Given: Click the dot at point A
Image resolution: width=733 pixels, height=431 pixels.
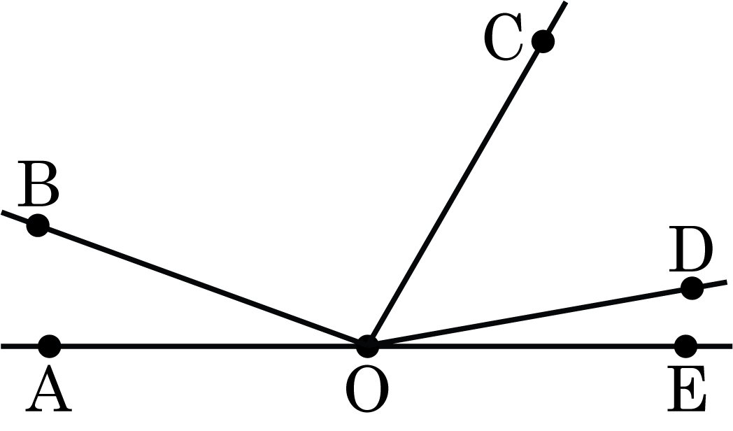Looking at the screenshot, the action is [x=49, y=346].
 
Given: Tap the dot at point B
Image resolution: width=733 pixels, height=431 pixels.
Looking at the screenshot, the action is [x=37, y=225].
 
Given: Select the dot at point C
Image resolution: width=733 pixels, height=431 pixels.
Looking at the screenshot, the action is [x=543, y=41].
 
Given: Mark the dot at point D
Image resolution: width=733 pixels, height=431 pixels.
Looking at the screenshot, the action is [x=692, y=288].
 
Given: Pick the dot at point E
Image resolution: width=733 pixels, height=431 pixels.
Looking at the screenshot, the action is [x=685, y=346].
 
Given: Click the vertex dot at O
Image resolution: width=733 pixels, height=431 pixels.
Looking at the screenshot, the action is [x=367, y=346].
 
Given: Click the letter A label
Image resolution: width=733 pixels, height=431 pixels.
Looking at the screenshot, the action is [x=49, y=388].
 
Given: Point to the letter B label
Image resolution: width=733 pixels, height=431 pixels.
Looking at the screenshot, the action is [x=38, y=183].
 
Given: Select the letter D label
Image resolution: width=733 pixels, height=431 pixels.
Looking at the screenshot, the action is [x=691, y=248].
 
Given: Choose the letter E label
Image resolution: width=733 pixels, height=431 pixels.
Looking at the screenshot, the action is [x=687, y=388].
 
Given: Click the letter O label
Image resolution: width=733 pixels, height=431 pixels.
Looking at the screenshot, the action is [x=367, y=389].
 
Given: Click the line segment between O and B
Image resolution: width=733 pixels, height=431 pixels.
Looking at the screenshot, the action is [x=202, y=286].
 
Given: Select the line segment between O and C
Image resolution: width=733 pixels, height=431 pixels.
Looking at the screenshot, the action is [x=455, y=194].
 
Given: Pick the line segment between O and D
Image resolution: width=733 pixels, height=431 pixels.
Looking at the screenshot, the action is [x=529, y=318].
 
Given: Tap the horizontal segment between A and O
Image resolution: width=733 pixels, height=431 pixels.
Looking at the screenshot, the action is [x=208, y=346].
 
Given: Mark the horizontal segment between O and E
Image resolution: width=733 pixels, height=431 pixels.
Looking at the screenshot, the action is [x=527, y=346].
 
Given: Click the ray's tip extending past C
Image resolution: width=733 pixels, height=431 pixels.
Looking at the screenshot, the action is [x=566, y=2].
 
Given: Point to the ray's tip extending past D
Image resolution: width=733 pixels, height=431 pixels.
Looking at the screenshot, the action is [x=727, y=282].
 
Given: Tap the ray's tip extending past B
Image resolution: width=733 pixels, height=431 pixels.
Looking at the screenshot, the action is [x=1, y=212].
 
